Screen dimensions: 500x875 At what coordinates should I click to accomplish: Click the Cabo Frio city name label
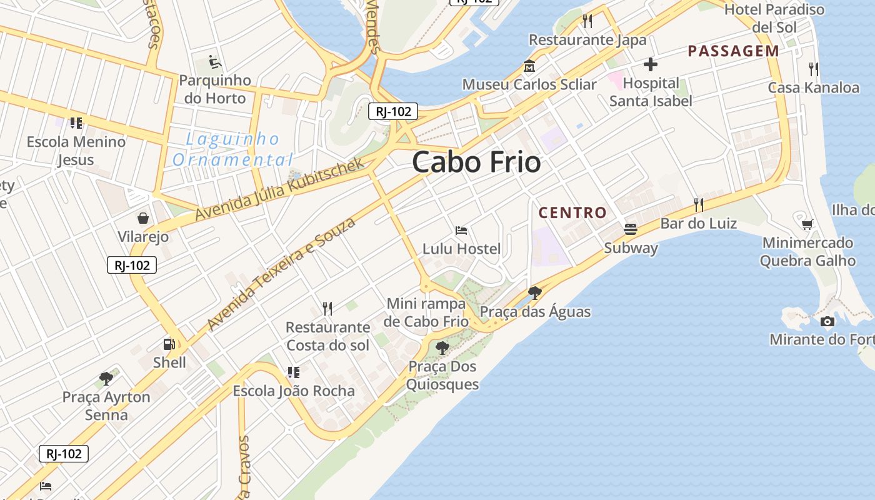click(x=476, y=162)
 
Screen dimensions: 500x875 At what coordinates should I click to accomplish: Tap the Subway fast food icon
click(x=631, y=229)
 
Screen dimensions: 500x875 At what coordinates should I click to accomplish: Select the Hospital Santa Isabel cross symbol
click(x=651, y=64)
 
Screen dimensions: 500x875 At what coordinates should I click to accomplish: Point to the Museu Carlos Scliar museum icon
click(x=529, y=66)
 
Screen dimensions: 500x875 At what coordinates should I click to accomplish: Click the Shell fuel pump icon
click(x=169, y=344)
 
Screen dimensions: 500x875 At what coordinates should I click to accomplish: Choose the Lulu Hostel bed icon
click(x=461, y=231)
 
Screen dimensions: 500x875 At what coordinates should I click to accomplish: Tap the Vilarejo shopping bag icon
click(x=143, y=218)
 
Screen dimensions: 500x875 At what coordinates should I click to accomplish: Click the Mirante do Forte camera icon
click(x=827, y=321)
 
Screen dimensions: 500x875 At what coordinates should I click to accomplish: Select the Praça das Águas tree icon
click(x=534, y=292)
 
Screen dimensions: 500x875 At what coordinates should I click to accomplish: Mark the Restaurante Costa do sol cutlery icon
click(x=327, y=308)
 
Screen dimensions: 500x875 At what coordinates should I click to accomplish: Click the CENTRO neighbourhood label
click(x=572, y=212)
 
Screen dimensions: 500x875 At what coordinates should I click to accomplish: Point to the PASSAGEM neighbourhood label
click(x=733, y=51)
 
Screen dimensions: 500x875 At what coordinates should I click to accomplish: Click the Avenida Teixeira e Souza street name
click(x=281, y=273)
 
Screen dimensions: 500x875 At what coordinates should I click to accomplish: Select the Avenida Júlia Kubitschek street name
click(x=279, y=189)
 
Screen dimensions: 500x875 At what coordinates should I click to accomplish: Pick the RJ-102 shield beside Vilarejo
click(x=132, y=265)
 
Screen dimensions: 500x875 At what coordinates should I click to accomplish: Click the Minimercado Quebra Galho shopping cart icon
click(x=807, y=224)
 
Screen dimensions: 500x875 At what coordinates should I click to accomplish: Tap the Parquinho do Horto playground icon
click(x=214, y=62)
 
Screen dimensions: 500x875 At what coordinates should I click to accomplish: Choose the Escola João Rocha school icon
click(x=293, y=372)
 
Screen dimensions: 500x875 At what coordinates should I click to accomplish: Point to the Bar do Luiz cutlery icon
click(x=699, y=204)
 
